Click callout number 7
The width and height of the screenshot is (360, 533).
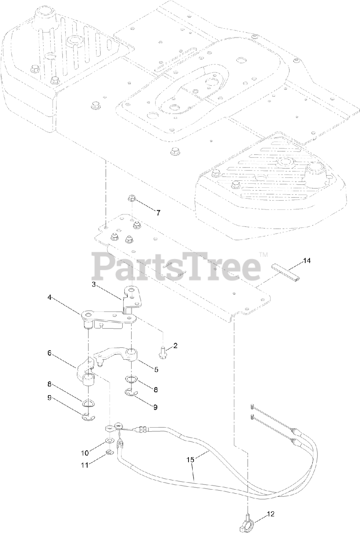pos(158,213)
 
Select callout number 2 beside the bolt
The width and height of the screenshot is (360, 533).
pos(175,345)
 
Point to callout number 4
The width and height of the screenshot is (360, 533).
pos(50,297)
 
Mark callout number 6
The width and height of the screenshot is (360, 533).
pos(50,353)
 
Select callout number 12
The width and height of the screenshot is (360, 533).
pos(271,514)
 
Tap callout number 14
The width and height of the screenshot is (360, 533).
pos(307,261)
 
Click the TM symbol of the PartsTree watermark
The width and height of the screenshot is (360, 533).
pos(263,254)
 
